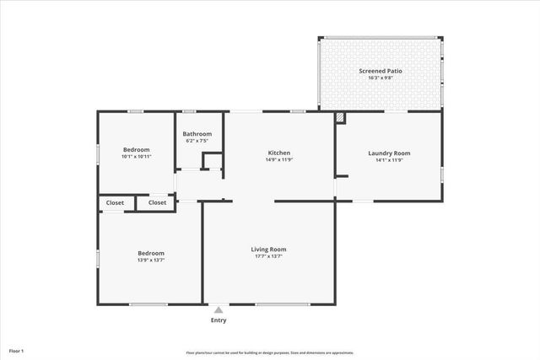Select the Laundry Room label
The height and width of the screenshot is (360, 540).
pos(389,153)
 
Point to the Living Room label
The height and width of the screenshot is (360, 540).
pos(268,249)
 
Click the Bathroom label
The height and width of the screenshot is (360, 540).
pos(197,134)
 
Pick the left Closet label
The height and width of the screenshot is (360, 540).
pos(115,202)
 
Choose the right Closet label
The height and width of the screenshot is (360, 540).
pos(158,202)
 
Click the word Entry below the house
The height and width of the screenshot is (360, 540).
pos(219,320)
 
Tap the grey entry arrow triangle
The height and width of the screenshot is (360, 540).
pos(219,310)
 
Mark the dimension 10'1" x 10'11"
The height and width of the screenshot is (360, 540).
pos(137,156)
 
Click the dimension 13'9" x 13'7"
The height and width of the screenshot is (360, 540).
pos(151,260)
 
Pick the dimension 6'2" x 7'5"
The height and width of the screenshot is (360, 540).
pos(197,141)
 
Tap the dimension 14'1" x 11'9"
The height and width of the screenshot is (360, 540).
pos(389,159)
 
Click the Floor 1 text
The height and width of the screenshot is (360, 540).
pos(17,350)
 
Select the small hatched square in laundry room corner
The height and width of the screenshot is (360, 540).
pos(340,119)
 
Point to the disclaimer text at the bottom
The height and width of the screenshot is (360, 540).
pos(270,352)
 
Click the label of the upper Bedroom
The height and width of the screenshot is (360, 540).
pos(137,149)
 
